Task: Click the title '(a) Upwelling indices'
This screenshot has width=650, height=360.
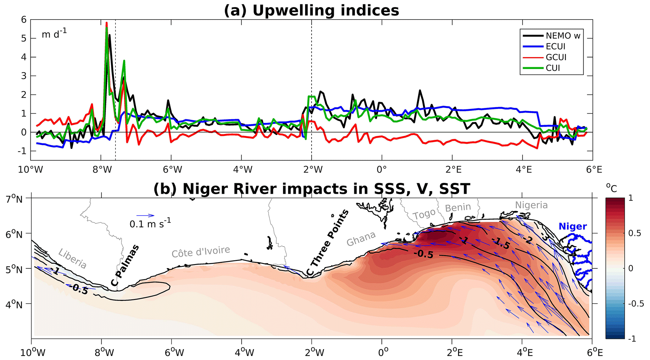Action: coord(311,10)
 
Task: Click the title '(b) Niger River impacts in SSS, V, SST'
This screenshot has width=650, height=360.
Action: coord(311,189)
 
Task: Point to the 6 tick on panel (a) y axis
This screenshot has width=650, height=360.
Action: coord(24,20)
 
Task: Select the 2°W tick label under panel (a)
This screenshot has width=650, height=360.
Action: coord(313,170)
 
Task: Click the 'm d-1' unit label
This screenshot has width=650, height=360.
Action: coord(54,34)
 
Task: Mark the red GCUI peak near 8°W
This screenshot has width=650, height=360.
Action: coord(107,23)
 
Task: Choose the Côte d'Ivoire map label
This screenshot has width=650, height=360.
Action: coord(201,252)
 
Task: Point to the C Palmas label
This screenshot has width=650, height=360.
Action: coord(125,266)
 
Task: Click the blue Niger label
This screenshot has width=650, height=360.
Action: coord(573,226)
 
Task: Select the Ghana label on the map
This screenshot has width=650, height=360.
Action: coord(361,239)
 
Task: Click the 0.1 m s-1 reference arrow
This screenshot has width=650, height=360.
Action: coord(145,216)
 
